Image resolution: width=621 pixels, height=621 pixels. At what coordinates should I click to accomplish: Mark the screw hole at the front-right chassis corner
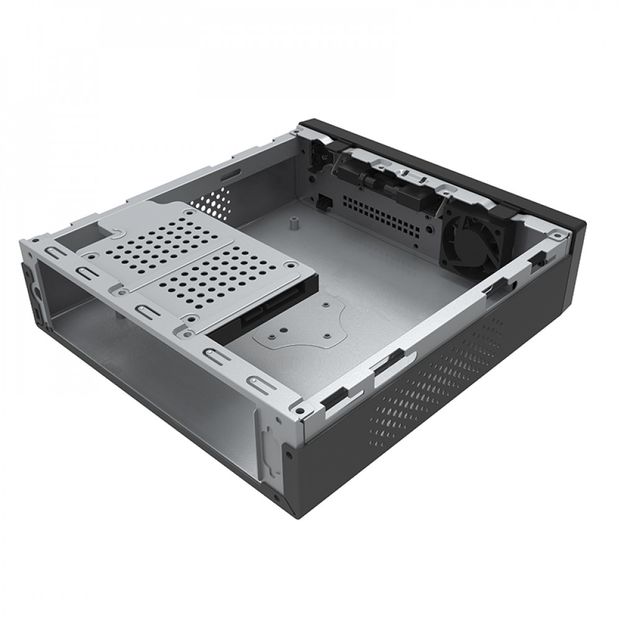[299, 412]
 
